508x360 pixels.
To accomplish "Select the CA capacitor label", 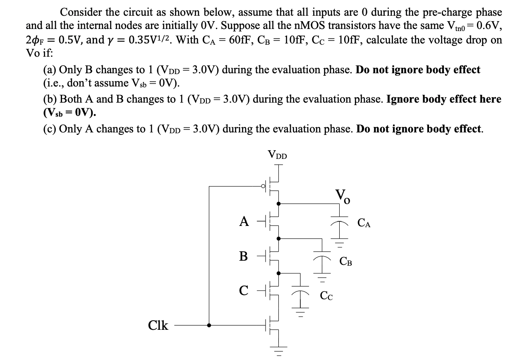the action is coord(364,225).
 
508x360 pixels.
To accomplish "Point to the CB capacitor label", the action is coord(346,261).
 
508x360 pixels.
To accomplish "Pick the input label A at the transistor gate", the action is coord(244,222).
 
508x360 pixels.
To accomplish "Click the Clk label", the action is coord(158,326).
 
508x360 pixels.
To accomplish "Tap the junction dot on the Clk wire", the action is coord(209,325).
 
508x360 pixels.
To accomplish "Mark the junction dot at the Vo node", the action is coord(279,204).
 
